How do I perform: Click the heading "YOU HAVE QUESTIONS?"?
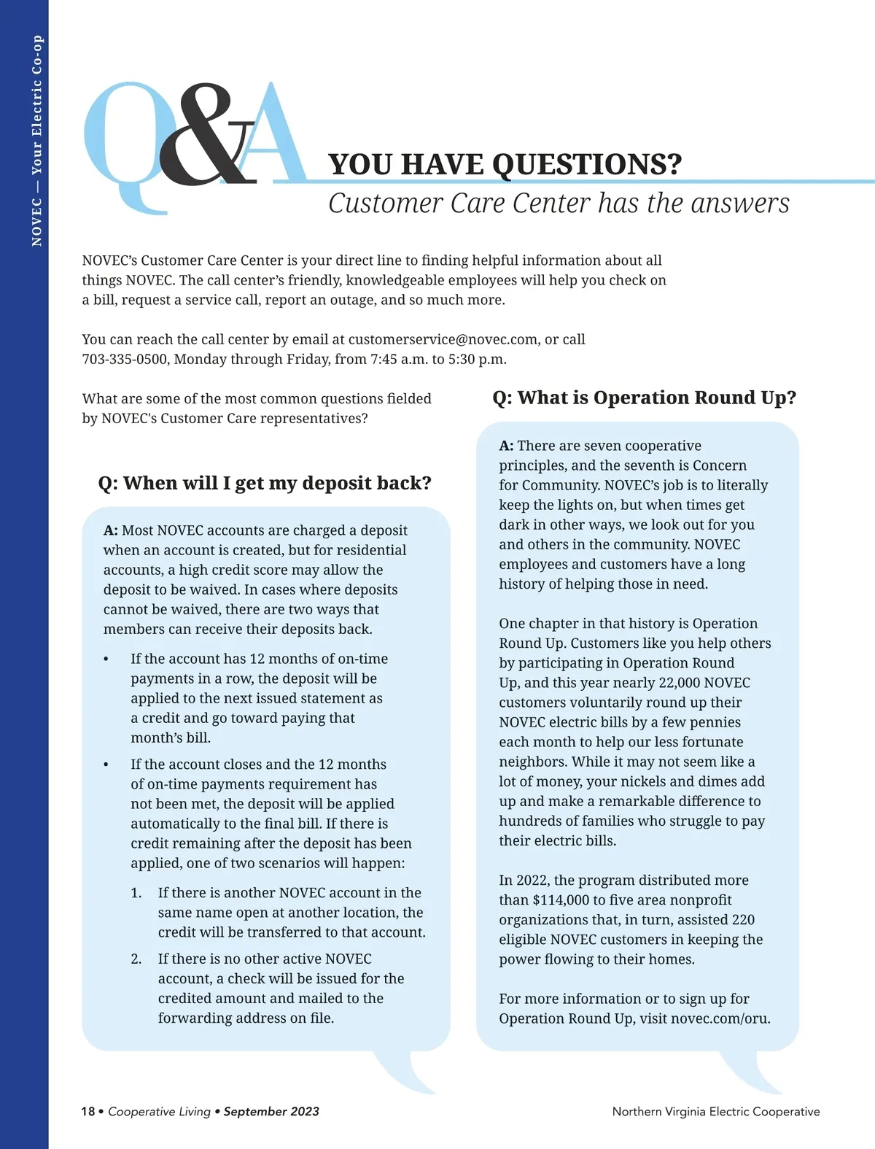pos(505,165)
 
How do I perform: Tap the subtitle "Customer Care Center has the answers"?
pos(559,204)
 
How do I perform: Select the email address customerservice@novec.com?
pos(444,339)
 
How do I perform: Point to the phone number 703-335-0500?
pos(125,359)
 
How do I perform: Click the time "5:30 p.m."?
pos(478,359)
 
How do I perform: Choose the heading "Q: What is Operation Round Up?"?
pos(644,398)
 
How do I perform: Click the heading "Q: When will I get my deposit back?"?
pos(265,483)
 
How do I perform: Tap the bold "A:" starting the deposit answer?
pos(111,530)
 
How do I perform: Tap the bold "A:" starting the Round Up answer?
pos(506,446)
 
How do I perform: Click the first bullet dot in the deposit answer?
pos(106,659)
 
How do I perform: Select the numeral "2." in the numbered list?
pos(136,959)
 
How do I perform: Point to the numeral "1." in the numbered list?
pos(136,893)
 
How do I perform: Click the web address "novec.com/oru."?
pos(720,1018)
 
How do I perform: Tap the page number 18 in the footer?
pos(88,1112)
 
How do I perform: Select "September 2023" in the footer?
pos(271,1112)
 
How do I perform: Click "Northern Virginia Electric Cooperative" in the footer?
pos(715,1112)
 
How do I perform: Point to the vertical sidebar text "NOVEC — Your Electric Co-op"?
pos(37,141)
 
